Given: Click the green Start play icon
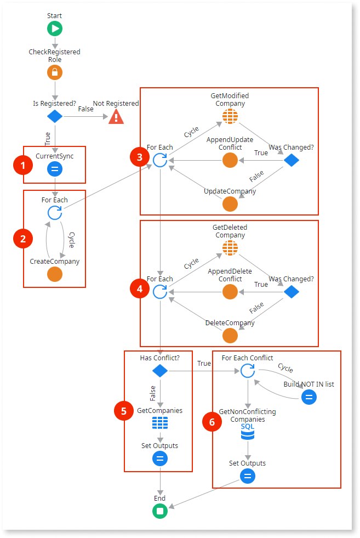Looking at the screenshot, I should [x=55, y=29].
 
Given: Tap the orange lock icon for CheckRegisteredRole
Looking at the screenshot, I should [x=55, y=72].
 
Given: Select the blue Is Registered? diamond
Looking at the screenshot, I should [x=55, y=116].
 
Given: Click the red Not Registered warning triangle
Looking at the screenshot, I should [x=116, y=116].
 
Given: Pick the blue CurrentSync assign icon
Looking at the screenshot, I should [x=55, y=169].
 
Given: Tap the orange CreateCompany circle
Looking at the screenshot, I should [x=55, y=274].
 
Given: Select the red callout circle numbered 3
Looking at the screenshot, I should [x=140, y=158].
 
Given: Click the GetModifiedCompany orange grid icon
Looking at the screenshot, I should [x=230, y=116].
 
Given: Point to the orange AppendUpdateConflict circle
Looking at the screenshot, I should [x=230, y=160].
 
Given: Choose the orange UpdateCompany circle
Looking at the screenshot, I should [x=230, y=204].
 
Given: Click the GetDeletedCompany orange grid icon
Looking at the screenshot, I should [x=230, y=248].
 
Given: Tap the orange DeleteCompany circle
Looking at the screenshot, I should [x=230, y=336].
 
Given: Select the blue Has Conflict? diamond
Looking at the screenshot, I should [x=159, y=371].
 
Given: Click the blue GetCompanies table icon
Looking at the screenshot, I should [x=159, y=423].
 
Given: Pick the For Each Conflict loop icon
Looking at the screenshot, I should [x=248, y=371].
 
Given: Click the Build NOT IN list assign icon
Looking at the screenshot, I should [x=309, y=397].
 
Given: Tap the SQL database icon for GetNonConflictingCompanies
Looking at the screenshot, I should [x=248, y=433].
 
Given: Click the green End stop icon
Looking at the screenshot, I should [x=159, y=511].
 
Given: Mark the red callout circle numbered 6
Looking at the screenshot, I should [x=213, y=422].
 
